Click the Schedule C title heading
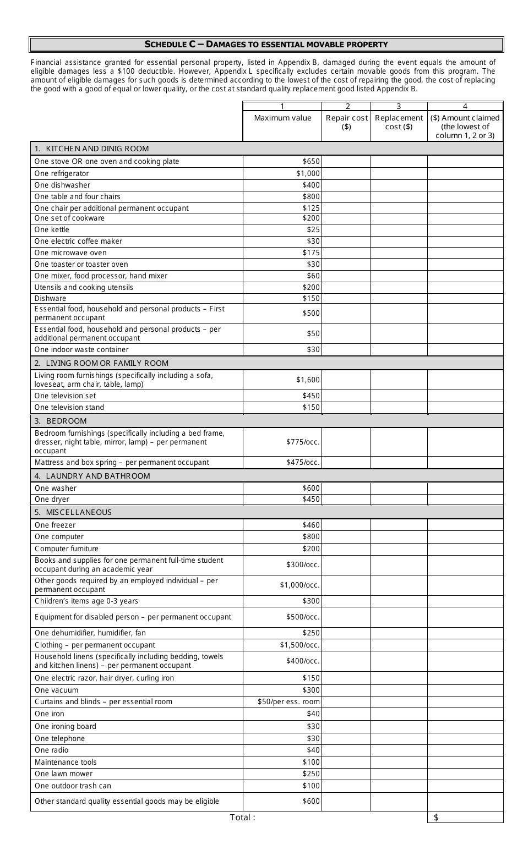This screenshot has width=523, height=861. click(266, 45)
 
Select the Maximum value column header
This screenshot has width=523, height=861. click(282, 118)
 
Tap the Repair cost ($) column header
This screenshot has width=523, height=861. click(346, 122)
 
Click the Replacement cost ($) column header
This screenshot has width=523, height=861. click(399, 122)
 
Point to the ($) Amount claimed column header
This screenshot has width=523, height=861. click(465, 126)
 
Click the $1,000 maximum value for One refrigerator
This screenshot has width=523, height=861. click(308, 173)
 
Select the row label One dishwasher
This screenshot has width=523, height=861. click(62, 185)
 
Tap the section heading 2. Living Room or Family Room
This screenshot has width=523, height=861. click(101, 363)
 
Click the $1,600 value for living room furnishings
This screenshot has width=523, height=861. click(308, 380)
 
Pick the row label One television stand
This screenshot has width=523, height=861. click(69, 407)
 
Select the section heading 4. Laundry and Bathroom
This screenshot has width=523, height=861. click(92, 476)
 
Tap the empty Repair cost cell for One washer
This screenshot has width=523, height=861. click(346, 488)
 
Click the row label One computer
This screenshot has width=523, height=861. click(59, 536)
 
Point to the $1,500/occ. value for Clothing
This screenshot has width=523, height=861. click(299, 645)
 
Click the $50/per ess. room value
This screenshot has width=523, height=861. click(288, 701)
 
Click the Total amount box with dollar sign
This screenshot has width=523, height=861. click(465, 818)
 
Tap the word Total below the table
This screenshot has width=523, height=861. click(242, 817)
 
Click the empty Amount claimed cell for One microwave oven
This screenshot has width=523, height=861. click(465, 253)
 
